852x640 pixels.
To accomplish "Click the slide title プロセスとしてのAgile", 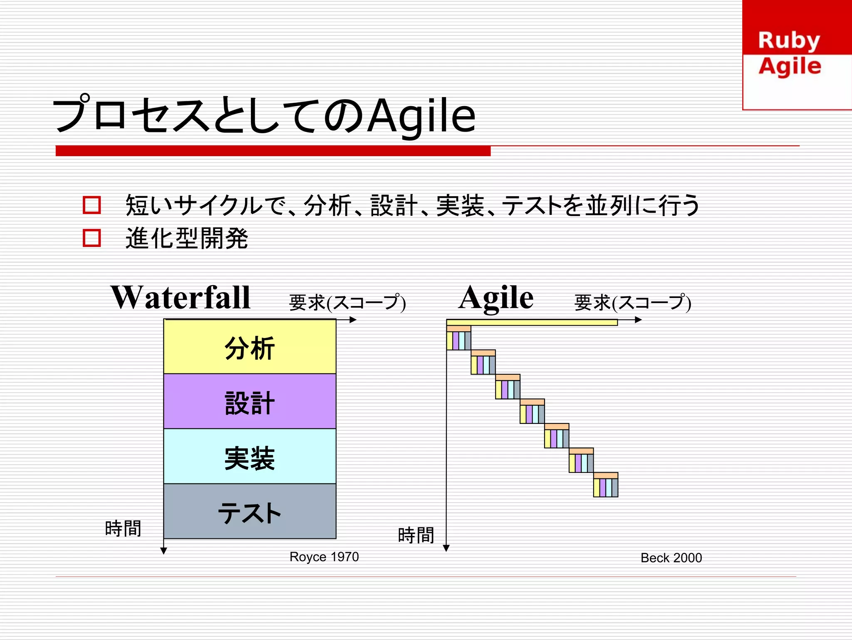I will [264, 115].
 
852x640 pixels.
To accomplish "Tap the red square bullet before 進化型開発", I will [92, 238].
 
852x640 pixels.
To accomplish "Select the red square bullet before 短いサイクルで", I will [92, 205].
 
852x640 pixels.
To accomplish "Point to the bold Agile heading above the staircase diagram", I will [495, 298].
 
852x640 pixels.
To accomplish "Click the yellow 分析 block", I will [250, 347].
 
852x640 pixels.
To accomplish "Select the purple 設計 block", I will [250, 401].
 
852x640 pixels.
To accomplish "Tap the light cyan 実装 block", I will [250, 456].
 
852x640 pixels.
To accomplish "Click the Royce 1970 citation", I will [324, 557].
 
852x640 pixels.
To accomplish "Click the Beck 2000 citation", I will [671, 558].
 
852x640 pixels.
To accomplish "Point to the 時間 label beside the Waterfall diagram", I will [123, 528].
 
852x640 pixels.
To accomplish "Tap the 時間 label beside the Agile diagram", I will [416, 535].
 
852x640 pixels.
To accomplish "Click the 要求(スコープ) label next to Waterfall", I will [347, 303].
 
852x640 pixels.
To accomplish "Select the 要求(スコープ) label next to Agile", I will [633, 303].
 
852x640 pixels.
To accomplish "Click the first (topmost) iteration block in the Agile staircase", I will [459, 338].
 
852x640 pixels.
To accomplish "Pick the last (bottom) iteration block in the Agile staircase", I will [606, 485].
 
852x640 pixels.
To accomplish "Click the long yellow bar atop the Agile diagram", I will [532, 322].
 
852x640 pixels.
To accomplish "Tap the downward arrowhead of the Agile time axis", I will [446, 548].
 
